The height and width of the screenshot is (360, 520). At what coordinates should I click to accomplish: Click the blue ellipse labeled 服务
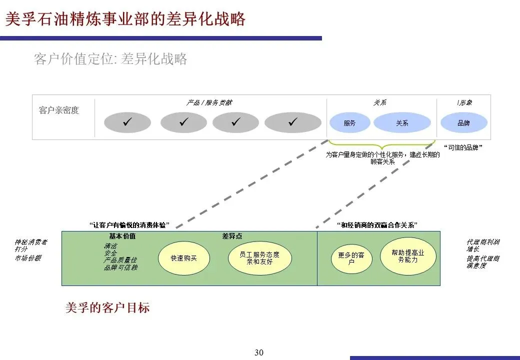point(349,122)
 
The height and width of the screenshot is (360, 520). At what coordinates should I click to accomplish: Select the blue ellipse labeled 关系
point(402,122)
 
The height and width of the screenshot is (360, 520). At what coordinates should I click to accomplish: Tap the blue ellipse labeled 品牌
point(463,122)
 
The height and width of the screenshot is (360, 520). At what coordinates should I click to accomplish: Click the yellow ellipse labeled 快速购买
point(184,258)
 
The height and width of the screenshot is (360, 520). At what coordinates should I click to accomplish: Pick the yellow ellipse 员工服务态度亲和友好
point(259,258)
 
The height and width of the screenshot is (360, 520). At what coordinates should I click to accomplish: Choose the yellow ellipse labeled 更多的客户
point(351,258)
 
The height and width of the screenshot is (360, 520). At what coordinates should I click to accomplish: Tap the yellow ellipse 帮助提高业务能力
point(408,256)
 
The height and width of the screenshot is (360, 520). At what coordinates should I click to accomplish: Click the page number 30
point(259,352)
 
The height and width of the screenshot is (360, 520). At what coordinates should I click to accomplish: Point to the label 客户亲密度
point(59,110)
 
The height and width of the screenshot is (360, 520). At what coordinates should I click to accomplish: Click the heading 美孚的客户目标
point(107,307)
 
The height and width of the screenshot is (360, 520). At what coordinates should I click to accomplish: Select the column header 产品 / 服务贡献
point(209,102)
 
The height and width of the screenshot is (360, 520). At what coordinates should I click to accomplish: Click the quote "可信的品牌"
point(463,147)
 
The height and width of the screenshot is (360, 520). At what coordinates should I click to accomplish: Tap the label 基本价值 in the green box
point(122,236)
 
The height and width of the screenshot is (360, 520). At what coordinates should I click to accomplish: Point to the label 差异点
point(232,236)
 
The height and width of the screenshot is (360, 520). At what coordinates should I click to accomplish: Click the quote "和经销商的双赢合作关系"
point(377,225)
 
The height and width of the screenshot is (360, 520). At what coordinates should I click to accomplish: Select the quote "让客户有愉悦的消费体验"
point(129,225)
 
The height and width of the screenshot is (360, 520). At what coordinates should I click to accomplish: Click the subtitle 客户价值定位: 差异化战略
point(110,59)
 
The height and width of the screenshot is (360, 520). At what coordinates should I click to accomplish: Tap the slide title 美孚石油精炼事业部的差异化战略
point(125,19)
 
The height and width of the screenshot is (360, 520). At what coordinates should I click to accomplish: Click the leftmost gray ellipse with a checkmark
point(127,122)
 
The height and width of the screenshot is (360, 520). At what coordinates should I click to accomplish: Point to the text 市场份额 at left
point(28,257)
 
